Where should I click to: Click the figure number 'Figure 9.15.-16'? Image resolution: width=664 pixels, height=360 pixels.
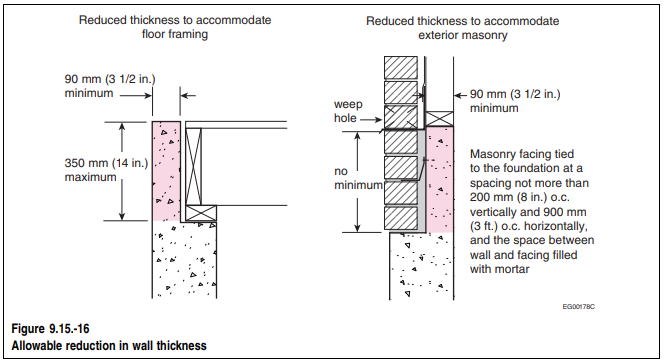50,329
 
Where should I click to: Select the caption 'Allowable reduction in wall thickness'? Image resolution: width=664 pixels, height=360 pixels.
109,346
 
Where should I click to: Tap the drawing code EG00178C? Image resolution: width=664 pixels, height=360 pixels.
578,307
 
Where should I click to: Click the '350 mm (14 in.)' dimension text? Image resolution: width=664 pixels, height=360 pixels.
106,163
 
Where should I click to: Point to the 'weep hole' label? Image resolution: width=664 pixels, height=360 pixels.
348,111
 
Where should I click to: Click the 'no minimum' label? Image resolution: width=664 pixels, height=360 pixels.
358,178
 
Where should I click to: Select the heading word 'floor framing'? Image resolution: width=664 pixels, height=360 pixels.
175,34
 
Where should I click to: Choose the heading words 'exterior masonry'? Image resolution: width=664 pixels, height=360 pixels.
463,35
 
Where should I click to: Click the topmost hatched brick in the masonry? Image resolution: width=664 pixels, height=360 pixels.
401,68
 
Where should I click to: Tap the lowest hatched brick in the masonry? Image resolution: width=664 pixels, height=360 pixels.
401,218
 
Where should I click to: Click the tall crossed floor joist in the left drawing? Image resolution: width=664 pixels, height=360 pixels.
194,167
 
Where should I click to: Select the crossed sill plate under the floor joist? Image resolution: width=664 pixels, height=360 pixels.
201,213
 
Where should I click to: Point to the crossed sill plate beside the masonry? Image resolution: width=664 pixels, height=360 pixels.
439,119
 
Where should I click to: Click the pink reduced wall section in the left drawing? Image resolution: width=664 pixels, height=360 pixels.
166,171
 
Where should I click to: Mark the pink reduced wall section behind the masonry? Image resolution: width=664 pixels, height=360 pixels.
440,180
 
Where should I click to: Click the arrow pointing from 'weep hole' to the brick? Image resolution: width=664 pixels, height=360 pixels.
371,120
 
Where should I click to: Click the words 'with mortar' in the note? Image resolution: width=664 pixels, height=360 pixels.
500,269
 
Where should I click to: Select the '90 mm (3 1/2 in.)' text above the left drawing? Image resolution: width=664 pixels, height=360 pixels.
110,79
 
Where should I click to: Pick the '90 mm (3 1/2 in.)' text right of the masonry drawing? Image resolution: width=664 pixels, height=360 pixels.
515,94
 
